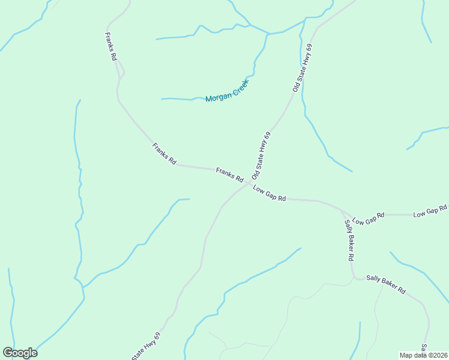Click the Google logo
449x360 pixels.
(x=20, y=353)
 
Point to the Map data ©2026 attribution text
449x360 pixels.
(x=424, y=355)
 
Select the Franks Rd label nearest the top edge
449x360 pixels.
(x=111, y=47)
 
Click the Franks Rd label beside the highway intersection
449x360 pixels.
(x=229, y=175)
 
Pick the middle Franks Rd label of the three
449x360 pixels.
(x=164, y=154)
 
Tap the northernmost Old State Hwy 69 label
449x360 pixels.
(x=303, y=67)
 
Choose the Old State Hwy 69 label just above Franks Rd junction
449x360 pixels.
(x=262, y=155)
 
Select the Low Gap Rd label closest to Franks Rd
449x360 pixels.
(x=269, y=193)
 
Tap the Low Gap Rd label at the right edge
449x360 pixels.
(x=430, y=211)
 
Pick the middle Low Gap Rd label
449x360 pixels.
(x=368, y=218)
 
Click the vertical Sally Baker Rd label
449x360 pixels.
(x=349, y=240)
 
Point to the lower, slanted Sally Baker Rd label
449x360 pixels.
(x=386, y=285)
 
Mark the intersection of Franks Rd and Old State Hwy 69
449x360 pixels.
(x=248, y=183)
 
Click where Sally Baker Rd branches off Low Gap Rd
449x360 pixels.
(x=342, y=211)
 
